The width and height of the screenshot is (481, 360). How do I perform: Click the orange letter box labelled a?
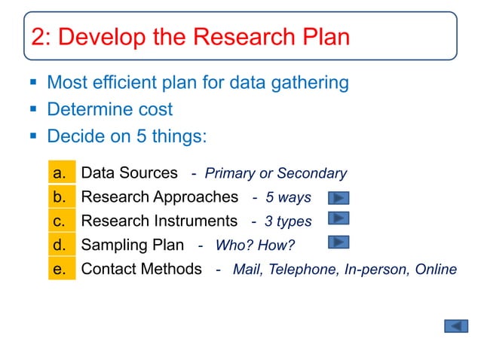click(x=62, y=173)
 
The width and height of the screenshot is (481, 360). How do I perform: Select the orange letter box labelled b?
click(x=62, y=197)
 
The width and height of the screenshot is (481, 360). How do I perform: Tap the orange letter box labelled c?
click(x=62, y=221)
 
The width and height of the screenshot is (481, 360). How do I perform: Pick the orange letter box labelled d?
click(x=62, y=245)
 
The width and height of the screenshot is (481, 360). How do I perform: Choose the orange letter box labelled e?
click(x=62, y=269)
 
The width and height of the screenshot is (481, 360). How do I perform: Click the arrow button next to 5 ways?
click(x=339, y=198)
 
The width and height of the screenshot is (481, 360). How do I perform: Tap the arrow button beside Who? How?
click(x=339, y=243)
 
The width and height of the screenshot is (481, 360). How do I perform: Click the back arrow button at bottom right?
click(x=456, y=326)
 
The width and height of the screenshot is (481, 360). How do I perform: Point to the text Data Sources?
click(x=129, y=173)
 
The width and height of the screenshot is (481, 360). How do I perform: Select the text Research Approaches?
click(x=159, y=197)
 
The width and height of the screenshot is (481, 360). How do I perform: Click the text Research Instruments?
click(x=159, y=221)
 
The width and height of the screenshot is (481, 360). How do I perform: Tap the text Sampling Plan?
click(x=132, y=245)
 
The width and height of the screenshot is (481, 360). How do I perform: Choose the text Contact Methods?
click(x=141, y=269)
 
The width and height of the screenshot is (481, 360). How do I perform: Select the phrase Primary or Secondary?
click(x=276, y=174)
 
